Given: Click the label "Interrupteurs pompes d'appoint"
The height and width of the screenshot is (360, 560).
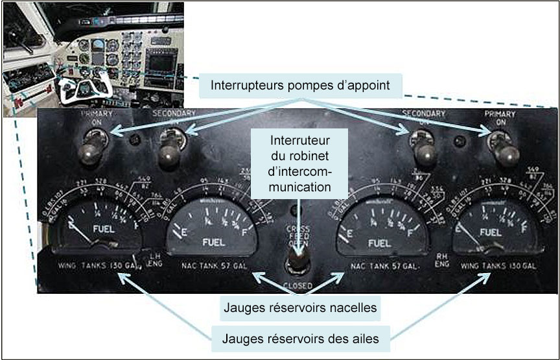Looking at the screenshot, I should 301,85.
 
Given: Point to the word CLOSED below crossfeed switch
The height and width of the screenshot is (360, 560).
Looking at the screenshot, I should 297,285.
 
